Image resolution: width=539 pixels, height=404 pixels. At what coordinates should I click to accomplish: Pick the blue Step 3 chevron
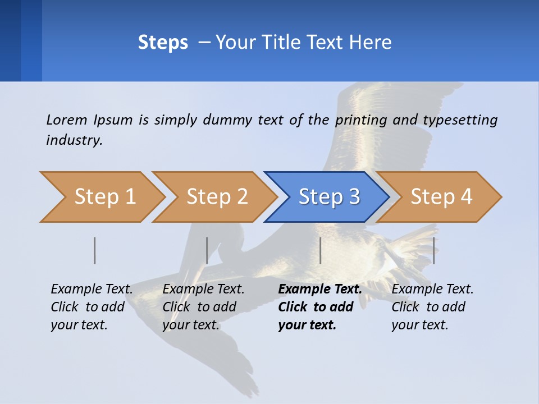[x=327, y=197]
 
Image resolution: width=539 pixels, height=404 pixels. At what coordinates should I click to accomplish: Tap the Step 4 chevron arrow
[x=440, y=197]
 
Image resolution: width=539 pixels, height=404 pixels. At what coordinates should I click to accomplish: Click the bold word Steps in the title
[x=163, y=43]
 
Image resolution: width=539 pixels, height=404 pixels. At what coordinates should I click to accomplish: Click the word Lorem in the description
[x=66, y=120]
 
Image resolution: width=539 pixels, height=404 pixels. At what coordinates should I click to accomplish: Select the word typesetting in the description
[x=460, y=120]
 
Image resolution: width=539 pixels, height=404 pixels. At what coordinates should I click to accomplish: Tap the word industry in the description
[x=74, y=140]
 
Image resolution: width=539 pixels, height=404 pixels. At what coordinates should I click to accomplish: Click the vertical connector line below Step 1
[x=95, y=250]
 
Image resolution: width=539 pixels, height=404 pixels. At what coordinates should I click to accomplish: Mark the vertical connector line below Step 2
[x=207, y=250]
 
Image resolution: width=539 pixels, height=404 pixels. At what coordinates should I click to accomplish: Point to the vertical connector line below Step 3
[x=320, y=250]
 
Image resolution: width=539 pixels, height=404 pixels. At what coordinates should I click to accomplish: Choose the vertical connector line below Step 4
[x=433, y=250]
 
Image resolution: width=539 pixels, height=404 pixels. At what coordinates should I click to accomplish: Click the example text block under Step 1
[x=92, y=307]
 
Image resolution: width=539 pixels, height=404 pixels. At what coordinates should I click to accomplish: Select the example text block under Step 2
[x=203, y=307]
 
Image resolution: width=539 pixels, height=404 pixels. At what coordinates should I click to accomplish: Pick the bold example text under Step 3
[x=320, y=307]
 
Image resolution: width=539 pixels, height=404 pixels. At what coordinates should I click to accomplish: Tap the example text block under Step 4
[x=432, y=307]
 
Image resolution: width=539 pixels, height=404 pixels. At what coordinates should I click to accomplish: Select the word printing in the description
[x=358, y=120]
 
